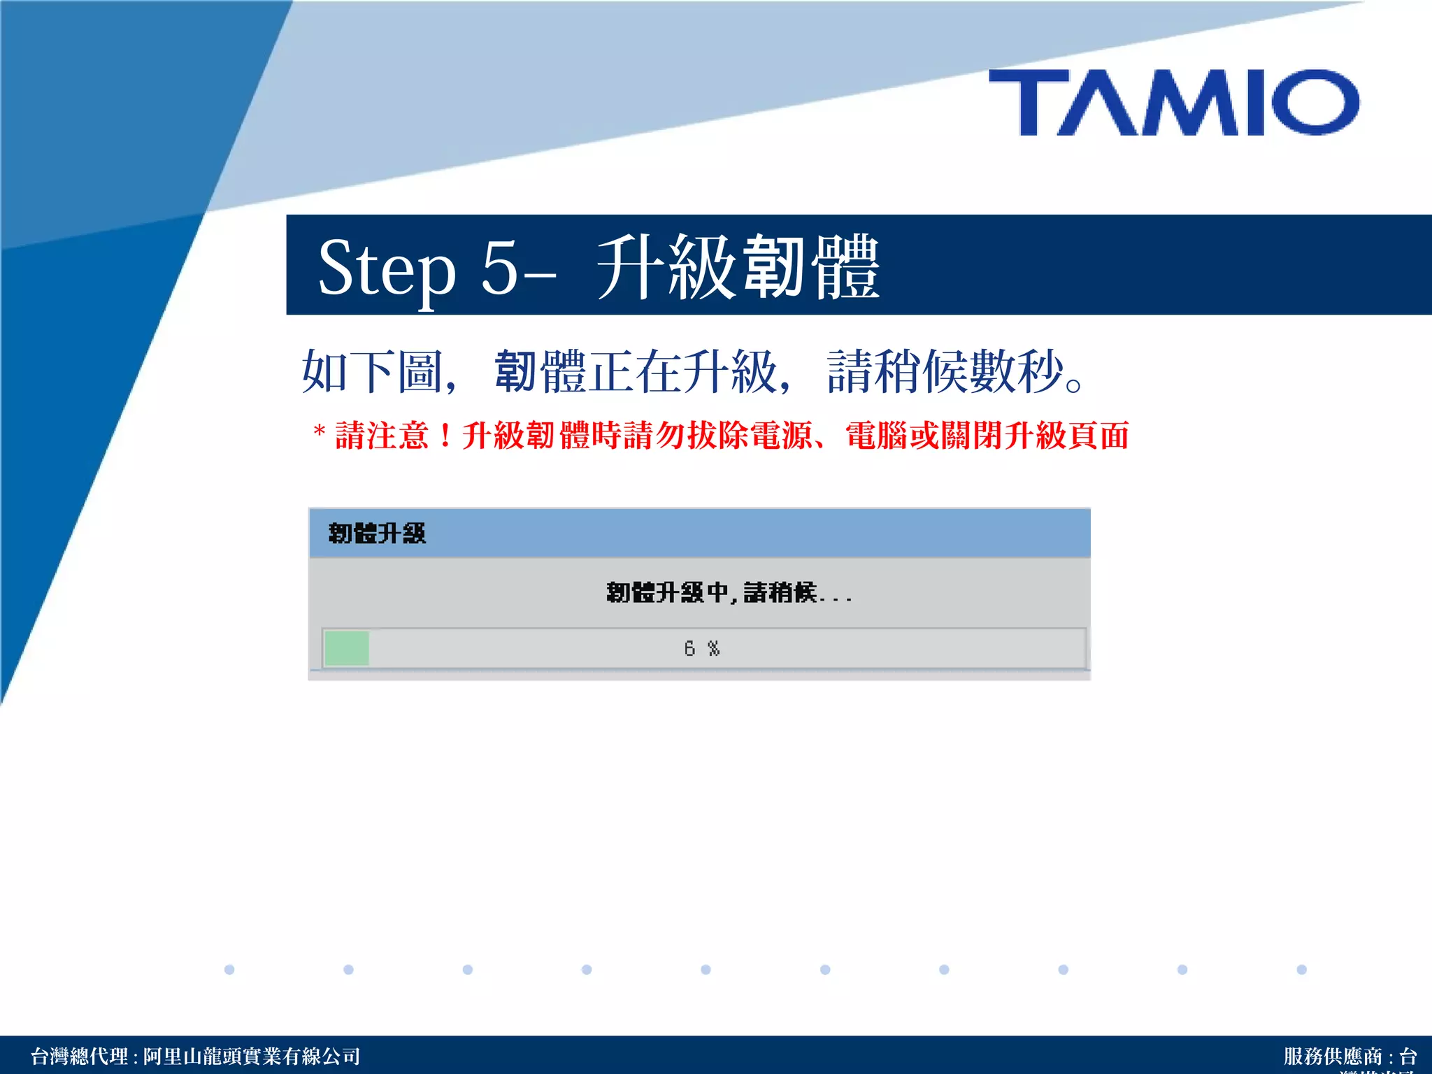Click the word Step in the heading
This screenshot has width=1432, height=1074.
[x=387, y=268]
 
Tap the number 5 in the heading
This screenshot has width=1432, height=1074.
[x=499, y=267]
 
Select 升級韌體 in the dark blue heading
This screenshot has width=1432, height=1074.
[x=738, y=267]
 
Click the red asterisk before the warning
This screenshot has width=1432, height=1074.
[x=320, y=431]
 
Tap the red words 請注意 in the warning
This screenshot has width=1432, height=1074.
[x=382, y=436]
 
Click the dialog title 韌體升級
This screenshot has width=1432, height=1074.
[x=377, y=534]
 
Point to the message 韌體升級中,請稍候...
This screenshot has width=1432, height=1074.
[x=728, y=593]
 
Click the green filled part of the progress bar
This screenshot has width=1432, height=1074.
[x=347, y=648]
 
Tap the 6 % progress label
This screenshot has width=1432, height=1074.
[x=701, y=649]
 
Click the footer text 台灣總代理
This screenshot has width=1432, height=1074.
[x=79, y=1056]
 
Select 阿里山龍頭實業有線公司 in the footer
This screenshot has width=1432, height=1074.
[x=252, y=1056]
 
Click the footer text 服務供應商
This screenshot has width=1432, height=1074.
[x=1333, y=1056]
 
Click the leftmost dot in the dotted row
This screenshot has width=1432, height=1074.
[x=229, y=970]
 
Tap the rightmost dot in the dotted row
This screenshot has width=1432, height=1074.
[x=1301, y=970]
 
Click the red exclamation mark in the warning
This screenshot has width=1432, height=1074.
[x=445, y=436]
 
